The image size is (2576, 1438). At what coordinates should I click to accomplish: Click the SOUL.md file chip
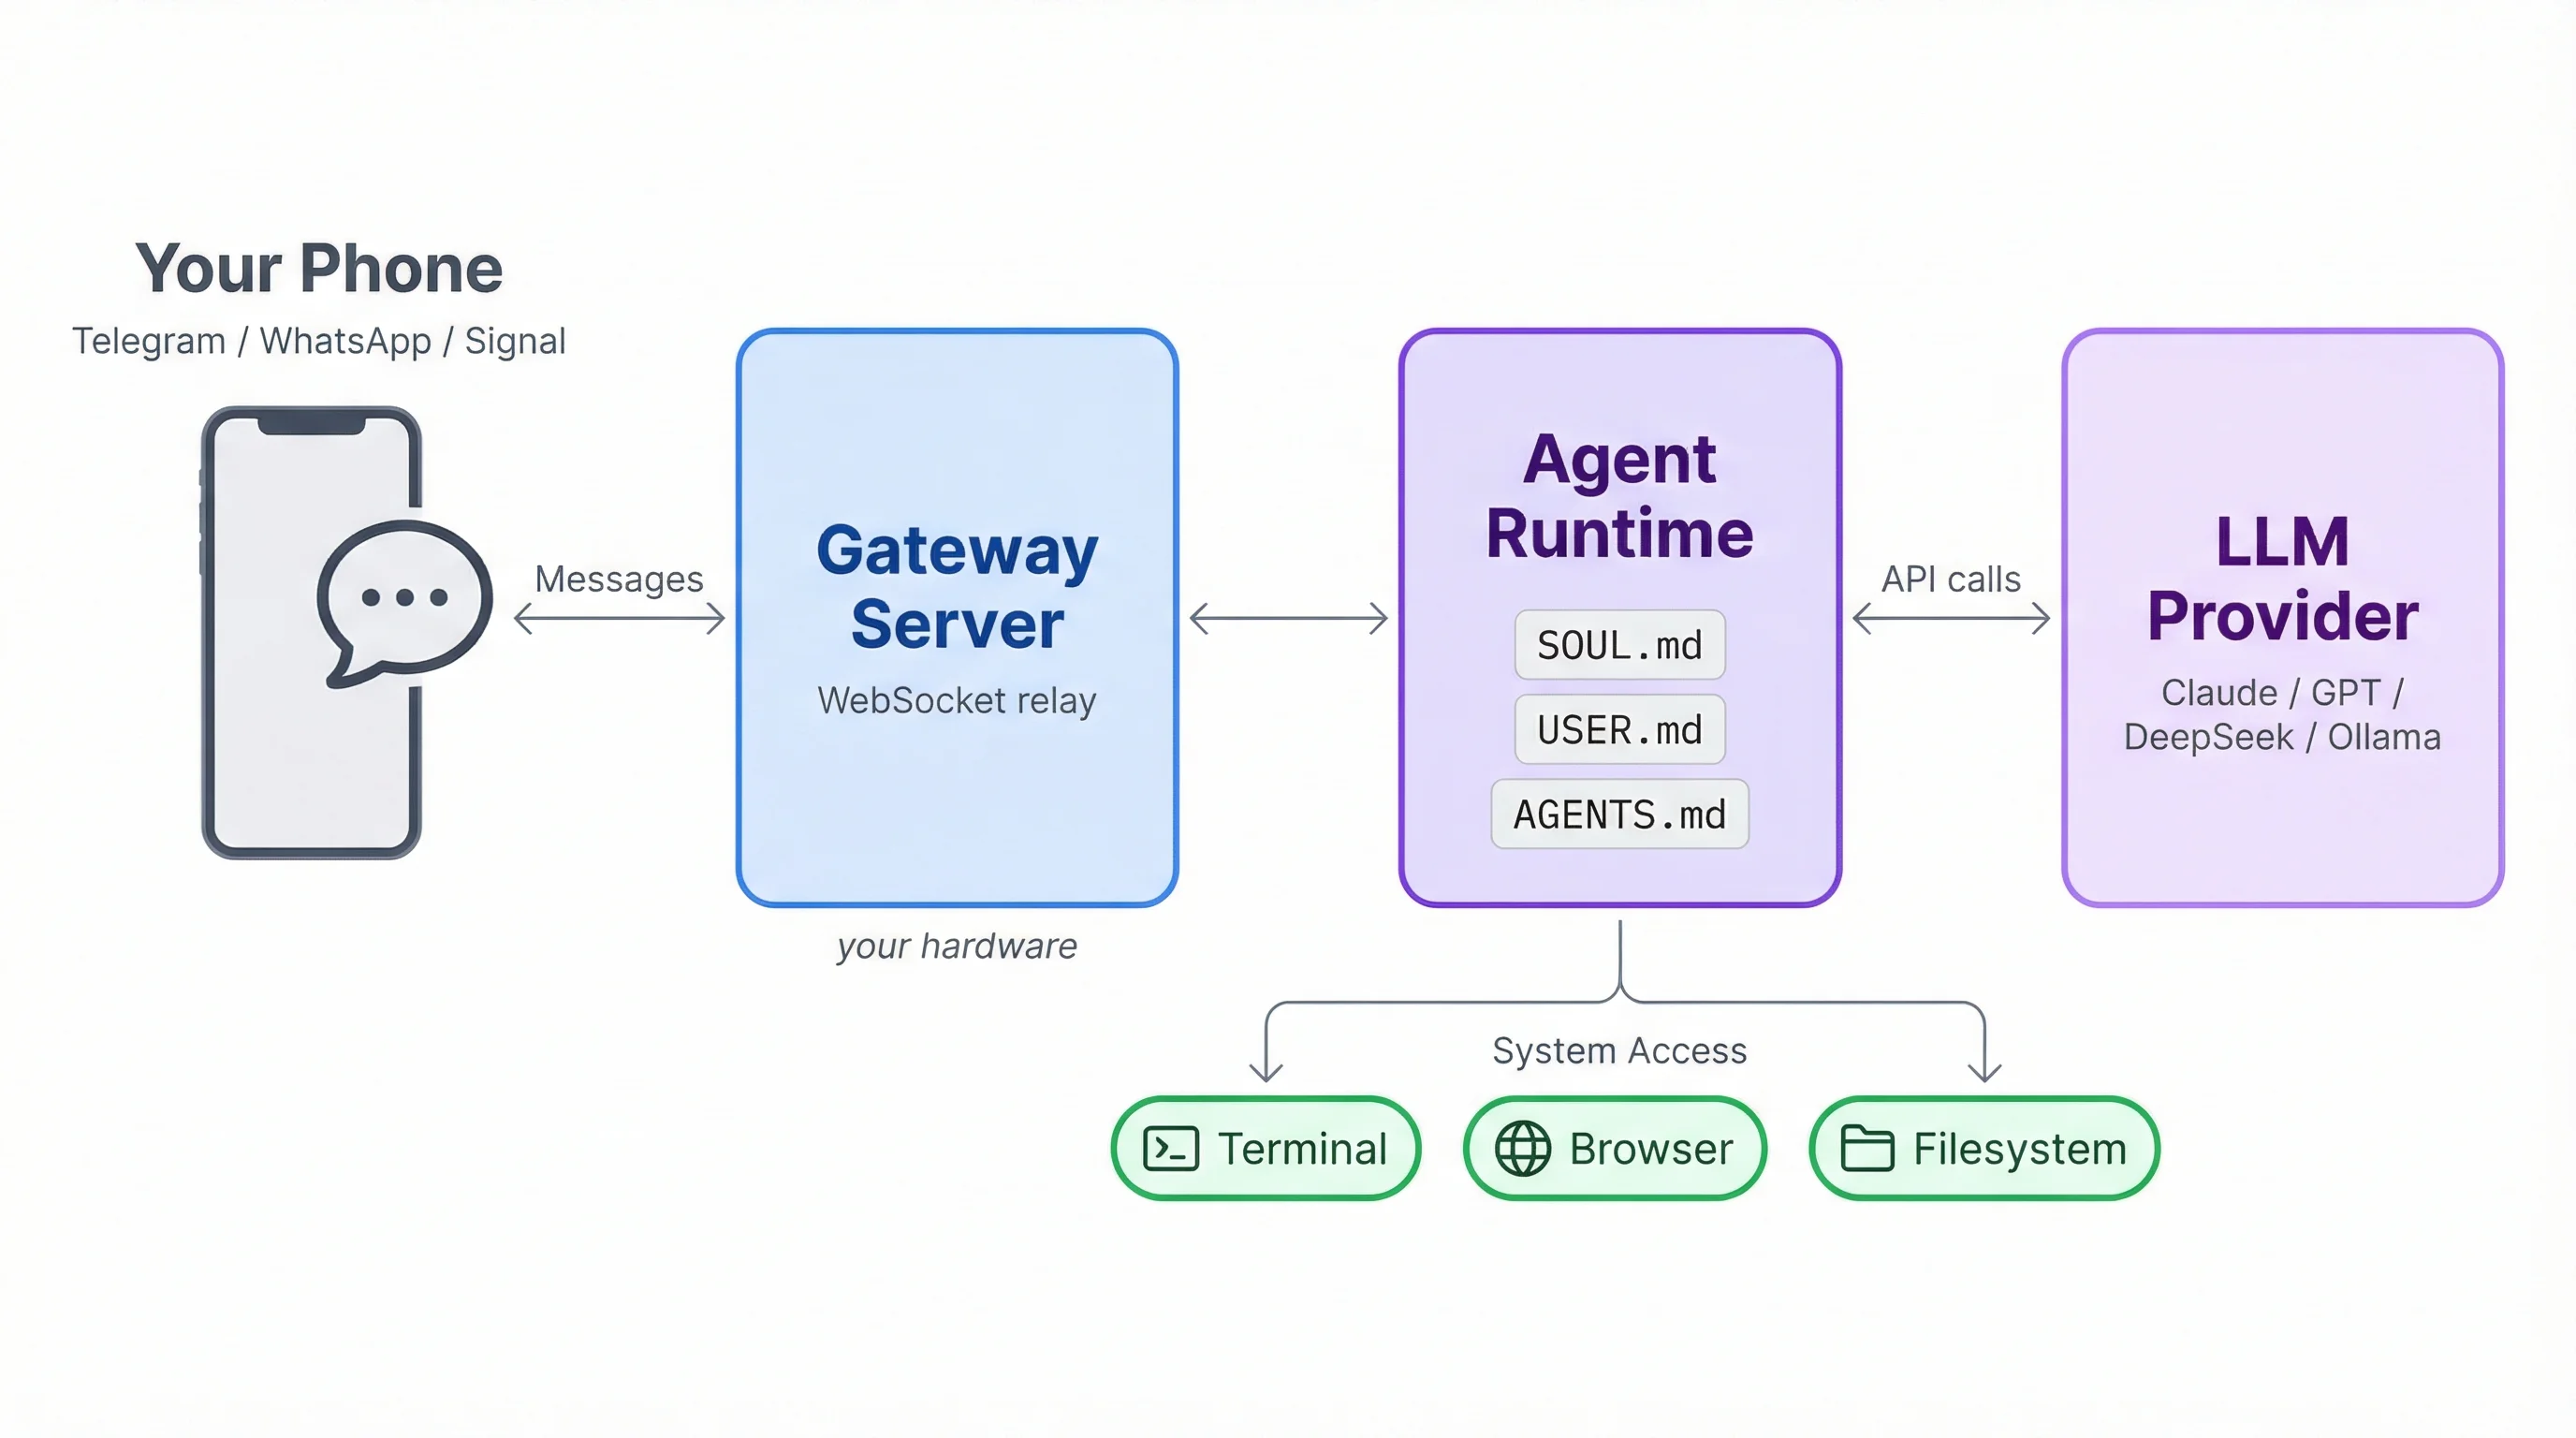point(1619,645)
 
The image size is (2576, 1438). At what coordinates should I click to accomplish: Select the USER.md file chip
point(1619,730)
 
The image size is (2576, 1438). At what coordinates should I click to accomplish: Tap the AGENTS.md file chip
point(1619,814)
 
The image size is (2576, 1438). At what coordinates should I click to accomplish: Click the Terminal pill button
point(1266,1148)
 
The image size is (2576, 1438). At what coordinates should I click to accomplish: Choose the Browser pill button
point(1614,1148)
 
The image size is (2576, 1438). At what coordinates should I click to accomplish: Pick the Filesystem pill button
point(1984,1148)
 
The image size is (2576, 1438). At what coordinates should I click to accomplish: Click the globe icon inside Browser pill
point(1522,1148)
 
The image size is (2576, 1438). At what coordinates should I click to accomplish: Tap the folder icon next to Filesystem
point(1867,1148)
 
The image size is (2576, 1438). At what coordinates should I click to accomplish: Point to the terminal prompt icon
point(1170,1148)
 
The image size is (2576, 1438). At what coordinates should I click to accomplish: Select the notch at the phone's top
point(311,425)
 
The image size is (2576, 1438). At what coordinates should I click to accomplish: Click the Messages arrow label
point(618,579)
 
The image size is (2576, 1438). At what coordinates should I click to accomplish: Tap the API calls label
point(1950,579)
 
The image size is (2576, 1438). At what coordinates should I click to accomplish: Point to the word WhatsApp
point(345,341)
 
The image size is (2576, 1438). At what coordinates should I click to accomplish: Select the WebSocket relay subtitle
point(956,700)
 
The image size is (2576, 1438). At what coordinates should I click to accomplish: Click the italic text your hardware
point(956,945)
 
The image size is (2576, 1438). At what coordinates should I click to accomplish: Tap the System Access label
point(1619,1050)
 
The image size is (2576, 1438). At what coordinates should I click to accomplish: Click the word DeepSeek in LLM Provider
point(2208,737)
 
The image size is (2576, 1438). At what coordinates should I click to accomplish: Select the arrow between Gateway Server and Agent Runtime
point(1288,618)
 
